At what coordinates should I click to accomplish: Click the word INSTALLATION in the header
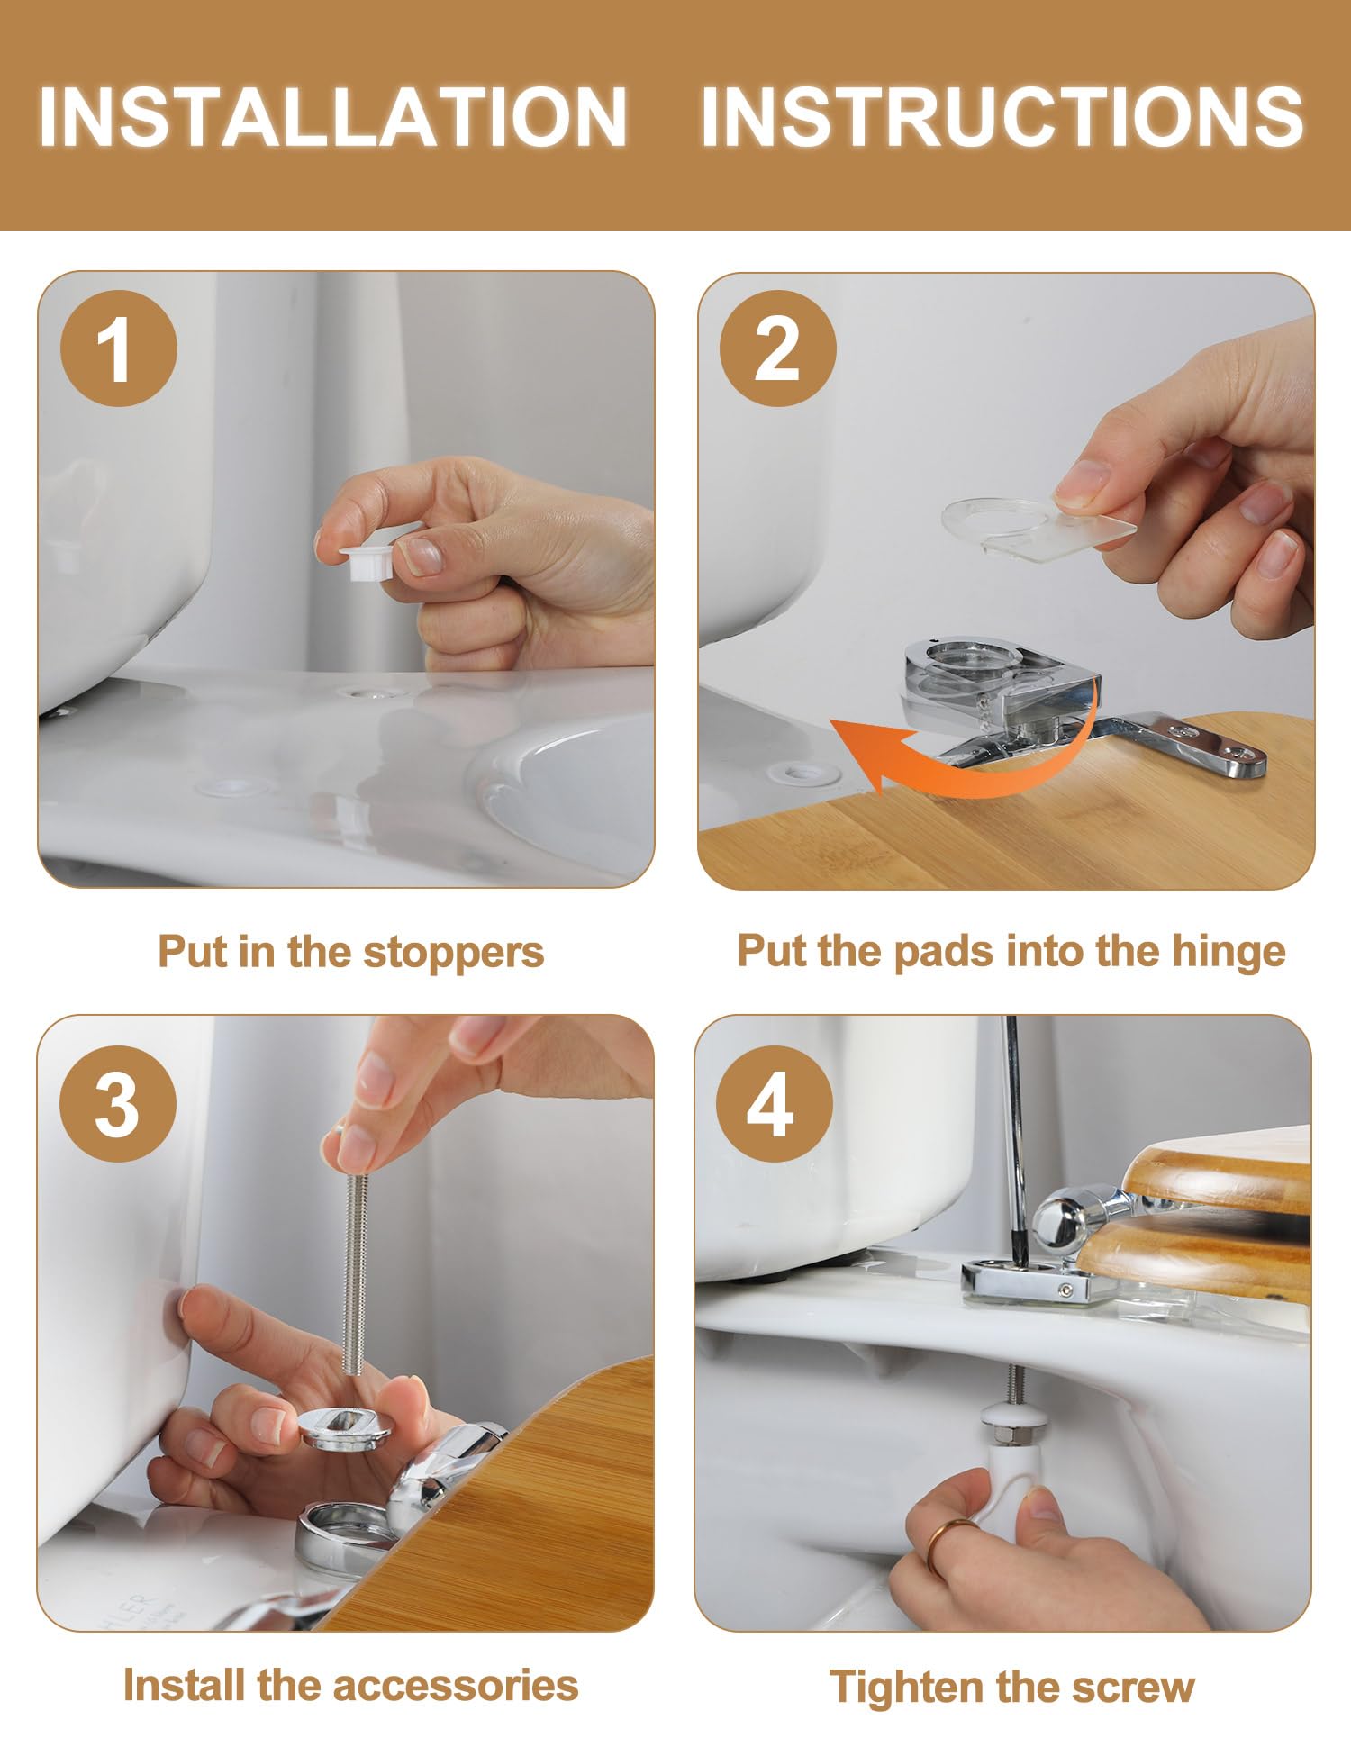[x=332, y=116]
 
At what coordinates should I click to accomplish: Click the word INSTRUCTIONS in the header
[x=1002, y=116]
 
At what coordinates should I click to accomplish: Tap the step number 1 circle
[x=119, y=348]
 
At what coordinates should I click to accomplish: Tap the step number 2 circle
[x=777, y=348]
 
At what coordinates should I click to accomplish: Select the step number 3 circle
[x=118, y=1103]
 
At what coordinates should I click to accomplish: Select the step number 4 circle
[x=774, y=1103]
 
